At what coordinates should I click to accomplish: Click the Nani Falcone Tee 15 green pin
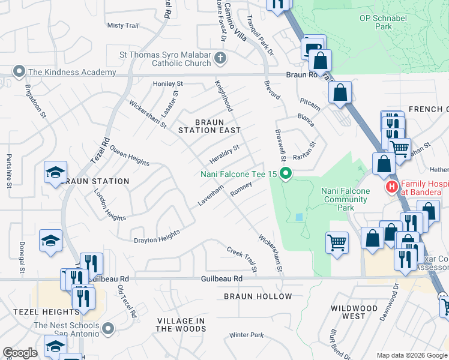(286, 175)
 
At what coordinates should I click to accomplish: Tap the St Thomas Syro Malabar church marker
(220, 59)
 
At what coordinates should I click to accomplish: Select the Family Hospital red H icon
(393, 187)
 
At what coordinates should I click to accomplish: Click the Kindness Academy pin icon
(19, 72)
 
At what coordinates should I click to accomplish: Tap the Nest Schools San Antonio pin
(108, 328)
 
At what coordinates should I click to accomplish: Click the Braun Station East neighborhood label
(209, 126)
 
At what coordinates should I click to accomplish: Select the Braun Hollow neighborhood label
(258, 296)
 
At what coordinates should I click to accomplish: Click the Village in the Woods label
(181, 325)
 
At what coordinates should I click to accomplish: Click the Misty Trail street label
(122, 26)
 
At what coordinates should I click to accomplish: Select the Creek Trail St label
(242, 259)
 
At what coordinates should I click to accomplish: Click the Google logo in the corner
(20, 353)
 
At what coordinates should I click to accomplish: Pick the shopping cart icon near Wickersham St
(337, 242)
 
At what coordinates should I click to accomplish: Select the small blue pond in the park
(300, 217)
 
